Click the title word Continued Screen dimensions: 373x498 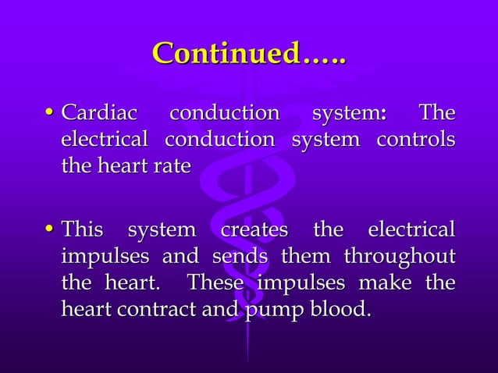(x=249, y=55)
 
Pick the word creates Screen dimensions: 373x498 (x=254, y=231)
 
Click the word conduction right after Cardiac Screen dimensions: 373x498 (x=224, y=114)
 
